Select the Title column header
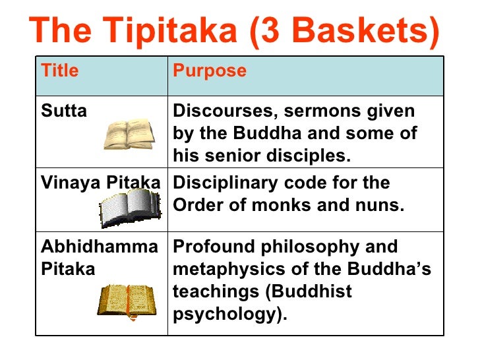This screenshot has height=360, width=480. click(x=59, y=71)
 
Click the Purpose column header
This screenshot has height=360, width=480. click(x=210, y=71)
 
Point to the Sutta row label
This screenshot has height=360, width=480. click(x=64, y=111)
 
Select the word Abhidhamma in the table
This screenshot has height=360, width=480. click(x=100, y=247)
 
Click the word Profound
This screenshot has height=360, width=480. click(x=209, y=247)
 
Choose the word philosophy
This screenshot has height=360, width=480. click(x=325, y=247)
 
